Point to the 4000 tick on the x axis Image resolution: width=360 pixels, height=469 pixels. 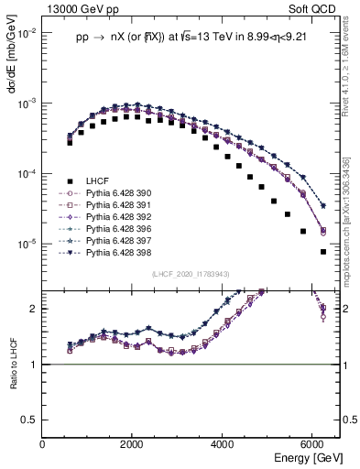pos(223,444)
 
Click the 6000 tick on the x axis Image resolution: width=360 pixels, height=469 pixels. pos(312,444)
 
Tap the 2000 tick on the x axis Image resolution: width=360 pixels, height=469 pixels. pos(133,444)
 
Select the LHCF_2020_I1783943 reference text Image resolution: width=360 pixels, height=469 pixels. pos(190,274)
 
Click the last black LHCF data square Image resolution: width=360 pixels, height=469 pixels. pos(322,252)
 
